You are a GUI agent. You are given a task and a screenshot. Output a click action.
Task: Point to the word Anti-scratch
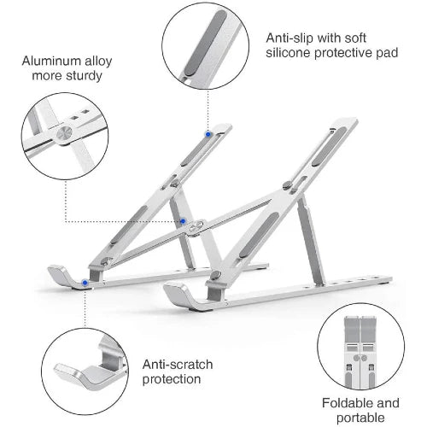coord(178,365)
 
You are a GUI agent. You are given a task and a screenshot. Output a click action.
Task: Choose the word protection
coord(172,379)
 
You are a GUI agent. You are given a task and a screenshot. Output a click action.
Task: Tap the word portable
coord(360,418)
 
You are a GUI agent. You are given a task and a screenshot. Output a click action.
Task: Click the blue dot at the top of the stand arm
coord(208,134)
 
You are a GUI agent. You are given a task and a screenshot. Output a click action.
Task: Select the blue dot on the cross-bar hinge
coord(183,221)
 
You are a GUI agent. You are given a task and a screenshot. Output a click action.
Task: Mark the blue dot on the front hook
coord(85,283)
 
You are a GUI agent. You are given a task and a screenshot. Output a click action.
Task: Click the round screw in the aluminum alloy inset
coord(64,133)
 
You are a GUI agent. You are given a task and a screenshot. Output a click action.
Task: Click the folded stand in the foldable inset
coord(360,353)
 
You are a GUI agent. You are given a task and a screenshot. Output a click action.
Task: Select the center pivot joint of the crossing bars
coord(196,227)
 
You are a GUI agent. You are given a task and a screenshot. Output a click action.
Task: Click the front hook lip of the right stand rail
coord(177,292)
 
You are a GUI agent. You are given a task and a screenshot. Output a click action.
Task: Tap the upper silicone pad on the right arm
coord(329,146)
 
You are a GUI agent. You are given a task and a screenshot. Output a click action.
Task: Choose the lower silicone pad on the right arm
coord(259,235)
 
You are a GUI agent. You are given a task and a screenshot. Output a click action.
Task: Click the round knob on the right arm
coord(287,185)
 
